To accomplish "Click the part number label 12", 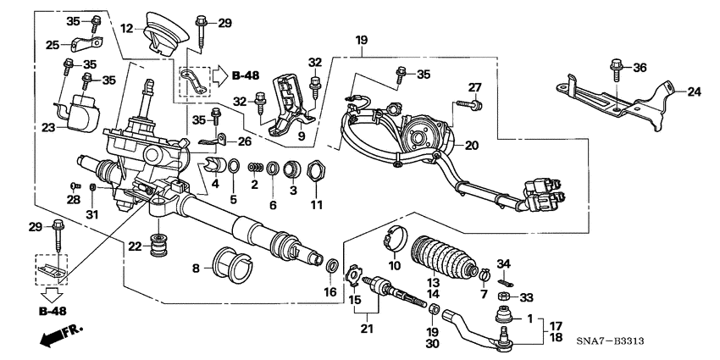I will (x=126, y=28).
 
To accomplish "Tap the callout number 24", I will (x=694, y=91).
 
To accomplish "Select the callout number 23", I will (x=47, y=128).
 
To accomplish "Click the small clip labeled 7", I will (x=485, y=274).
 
